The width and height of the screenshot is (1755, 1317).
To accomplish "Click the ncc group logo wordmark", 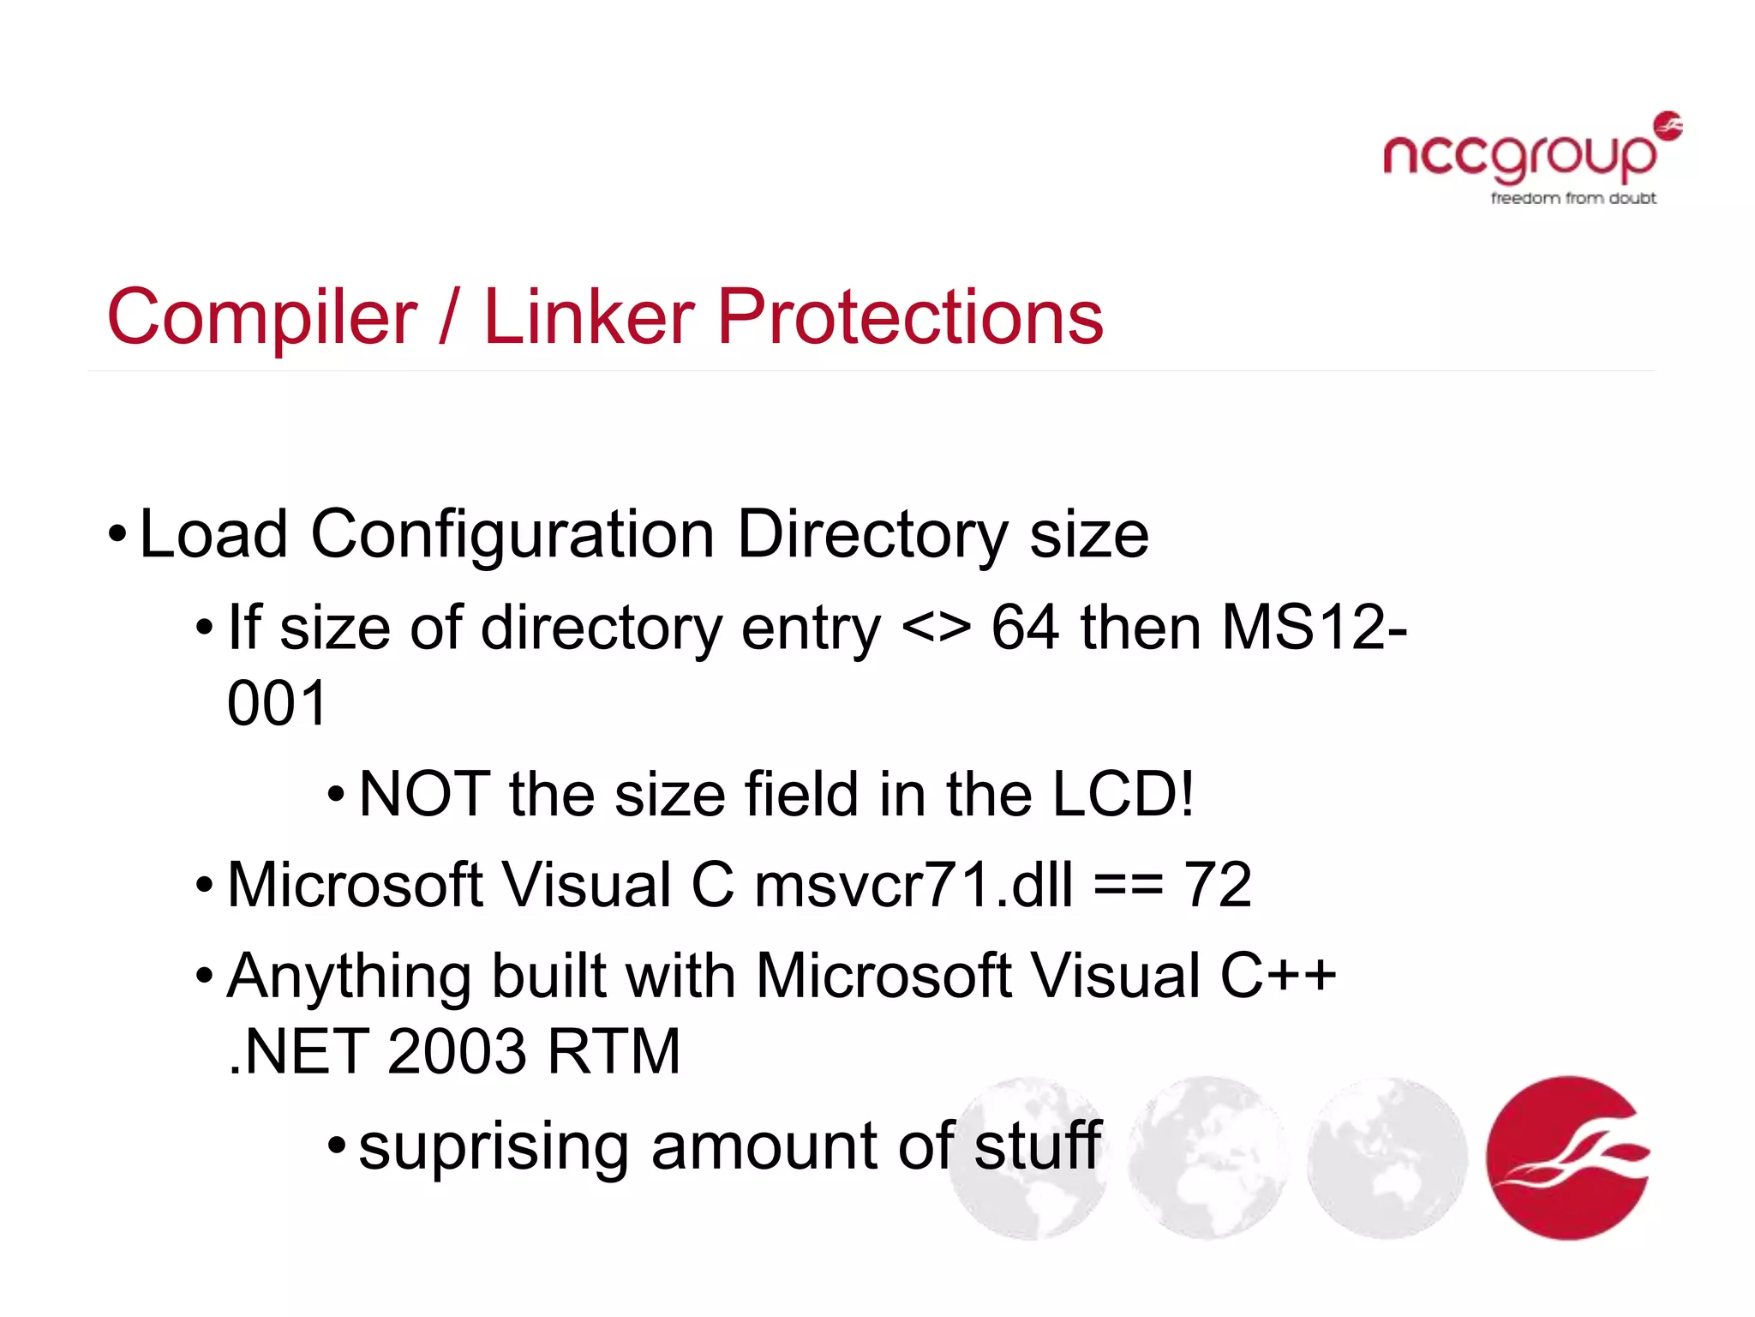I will (1521, 157).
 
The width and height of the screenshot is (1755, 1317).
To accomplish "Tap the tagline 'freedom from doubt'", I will (1573, 198).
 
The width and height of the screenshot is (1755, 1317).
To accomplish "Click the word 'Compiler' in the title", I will (262, 317).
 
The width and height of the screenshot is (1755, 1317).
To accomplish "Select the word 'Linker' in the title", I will (589, 317).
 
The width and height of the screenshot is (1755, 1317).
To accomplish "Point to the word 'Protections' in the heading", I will (910, 317).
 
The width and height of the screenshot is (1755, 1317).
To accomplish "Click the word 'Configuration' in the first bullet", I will (512, 534).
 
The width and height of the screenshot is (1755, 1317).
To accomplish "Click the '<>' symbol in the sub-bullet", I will (936, 628).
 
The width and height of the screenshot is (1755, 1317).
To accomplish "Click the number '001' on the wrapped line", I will (277, 704).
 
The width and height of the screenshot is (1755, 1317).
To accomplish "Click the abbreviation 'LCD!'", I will (1123, 794).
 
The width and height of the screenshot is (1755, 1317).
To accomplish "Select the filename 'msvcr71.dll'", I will (913, 885).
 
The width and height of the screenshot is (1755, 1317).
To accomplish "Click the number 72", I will (1218, 885).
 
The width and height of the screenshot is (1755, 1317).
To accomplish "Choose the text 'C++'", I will (1278, 976).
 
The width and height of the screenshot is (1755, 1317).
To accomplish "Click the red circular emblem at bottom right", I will (1567, 1158).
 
